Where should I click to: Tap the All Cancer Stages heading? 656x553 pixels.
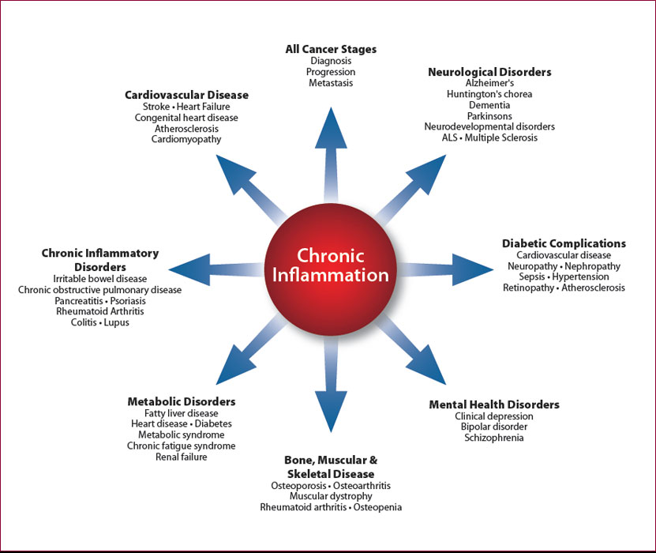331,49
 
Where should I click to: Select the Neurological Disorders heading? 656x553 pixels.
489,72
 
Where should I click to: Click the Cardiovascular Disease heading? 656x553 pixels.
186,95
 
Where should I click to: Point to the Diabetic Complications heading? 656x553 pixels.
564,243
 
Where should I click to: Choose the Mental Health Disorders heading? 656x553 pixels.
494,404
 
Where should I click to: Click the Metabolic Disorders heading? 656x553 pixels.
182,401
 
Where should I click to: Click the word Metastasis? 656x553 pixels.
331,83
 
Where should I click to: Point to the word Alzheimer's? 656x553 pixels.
489,83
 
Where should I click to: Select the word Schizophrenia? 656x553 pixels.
494,438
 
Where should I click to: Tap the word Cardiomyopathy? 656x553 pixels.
186,139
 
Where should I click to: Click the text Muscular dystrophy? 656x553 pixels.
331,496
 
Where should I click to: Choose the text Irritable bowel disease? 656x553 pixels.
100,279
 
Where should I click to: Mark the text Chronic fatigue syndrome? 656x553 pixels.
182,446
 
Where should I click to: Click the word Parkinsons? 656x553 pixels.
489,115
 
